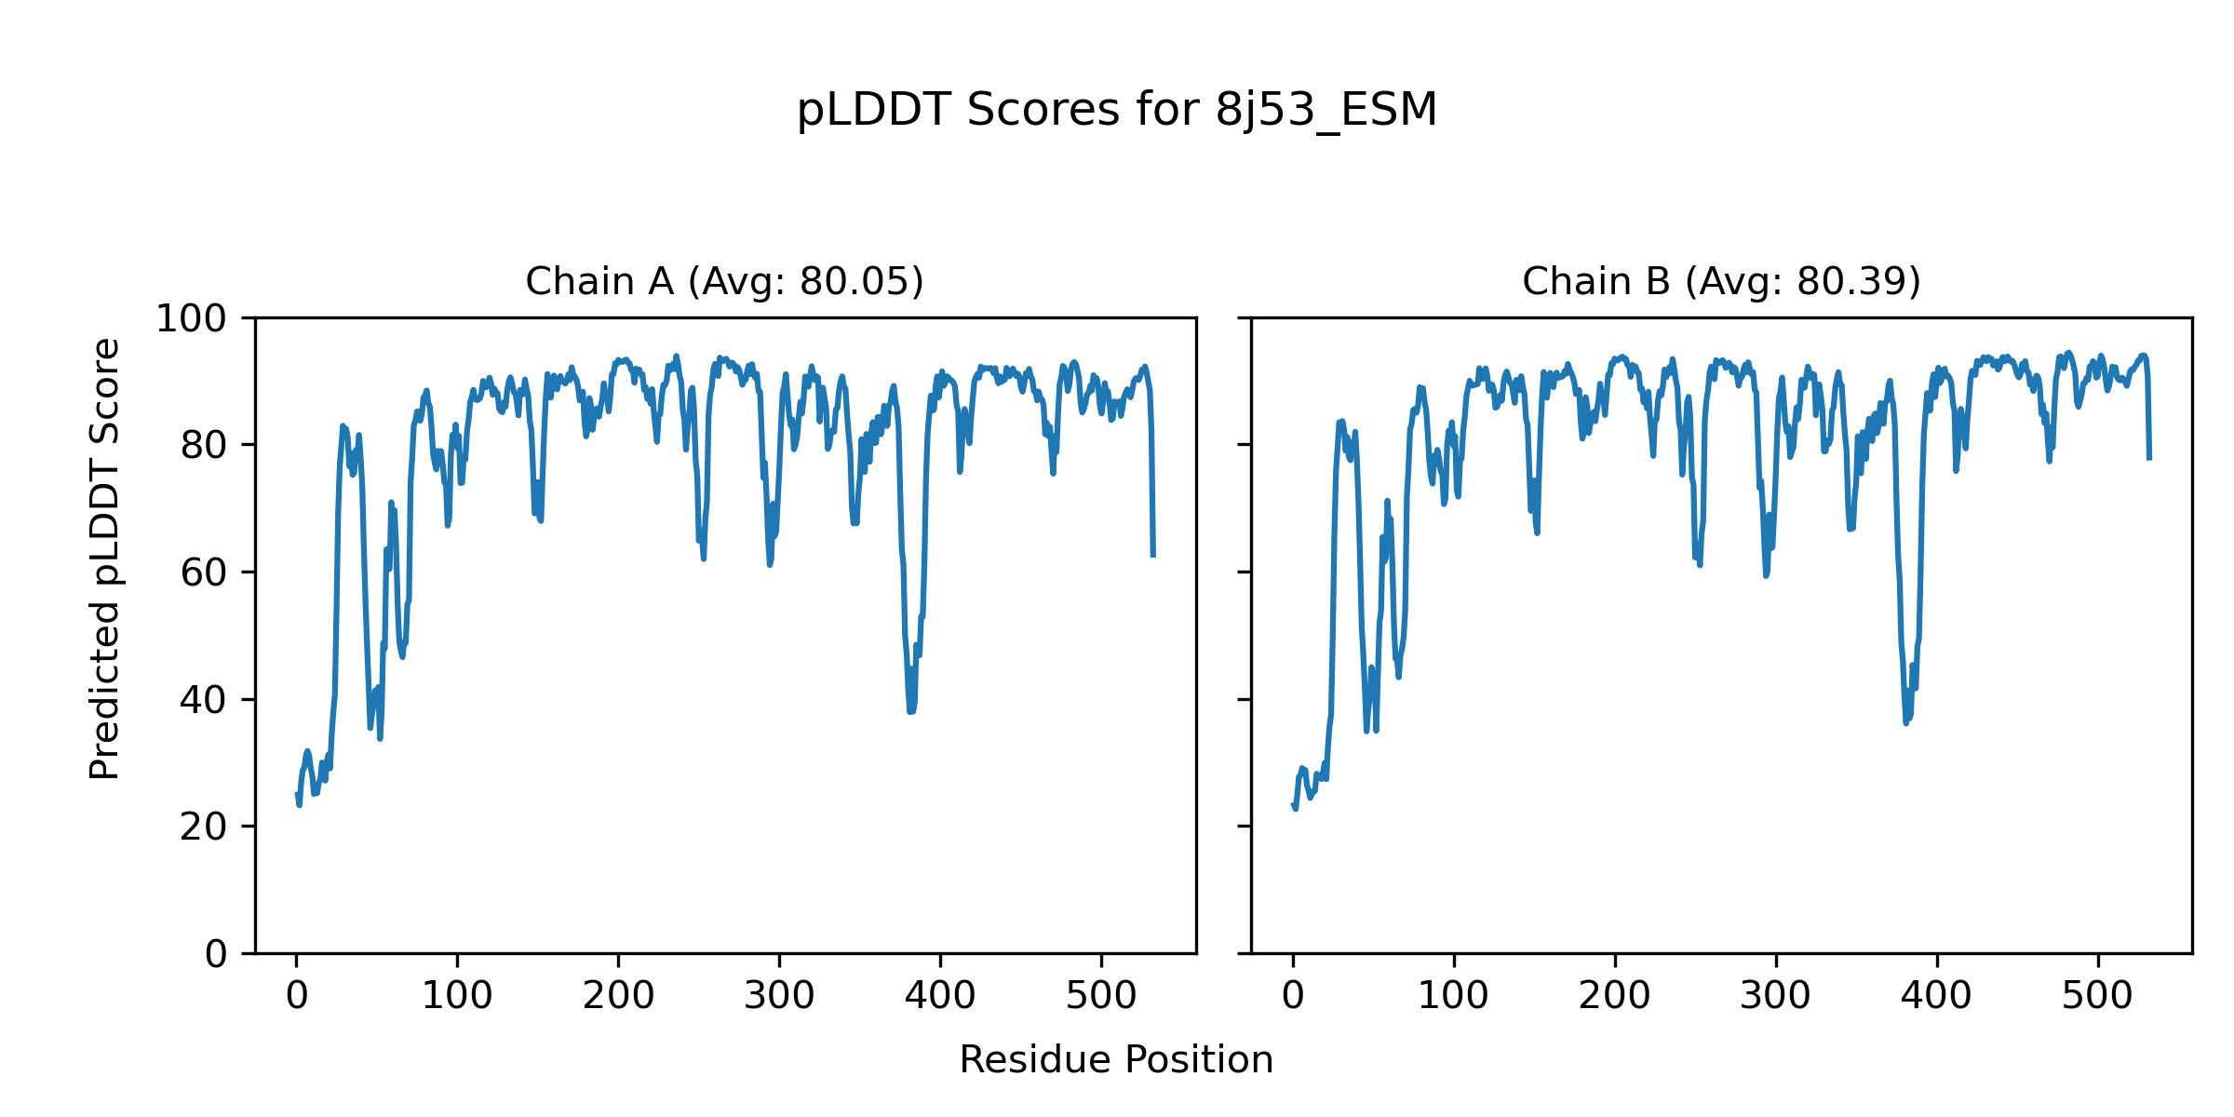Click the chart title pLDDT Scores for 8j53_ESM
(x=1116, y=111)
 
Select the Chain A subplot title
(x=724, y=281)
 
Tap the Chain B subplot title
(x=1721, y=281)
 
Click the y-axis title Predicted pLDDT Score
(x=105, y=558)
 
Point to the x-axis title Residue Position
(x=1116, y=1060)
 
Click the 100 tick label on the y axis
(x=191, y=319)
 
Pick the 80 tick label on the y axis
(x=204, y=446)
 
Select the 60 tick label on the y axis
(x=204, y=573)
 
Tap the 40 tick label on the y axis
(x=204, y=700)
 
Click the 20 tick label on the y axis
(x=204, y=827)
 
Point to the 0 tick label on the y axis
(x=216, y=954)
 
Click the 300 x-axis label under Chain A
(x=779, y=997)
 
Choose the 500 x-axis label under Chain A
(x=1101, y=997)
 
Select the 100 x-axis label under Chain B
(x=1453, y=997)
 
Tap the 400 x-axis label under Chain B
(x=1936, y=997)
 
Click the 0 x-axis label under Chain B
(x=1293, y=997)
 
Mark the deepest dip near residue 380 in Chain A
(x=911, y=712)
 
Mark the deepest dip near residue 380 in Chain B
(x=1906, y=723)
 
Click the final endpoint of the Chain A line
(x=1153, y=556)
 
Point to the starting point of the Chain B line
(x=1293, y=804)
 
